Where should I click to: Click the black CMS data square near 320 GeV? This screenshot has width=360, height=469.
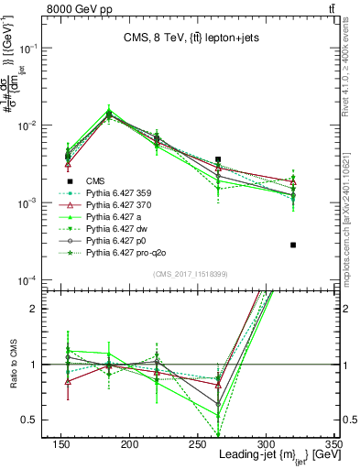293,245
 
